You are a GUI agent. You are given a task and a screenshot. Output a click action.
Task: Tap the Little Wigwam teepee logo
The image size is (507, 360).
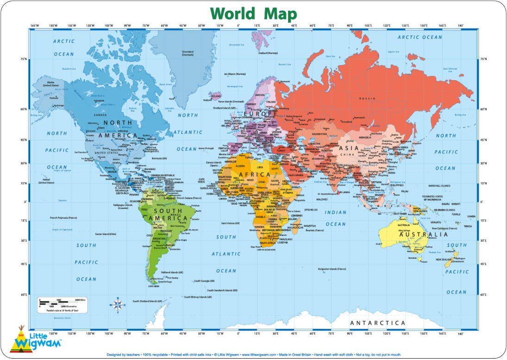pyautogui.click(x=21, y=340)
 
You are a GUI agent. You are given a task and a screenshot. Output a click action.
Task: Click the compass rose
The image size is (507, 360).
pyautogui.click(x=118, y=304)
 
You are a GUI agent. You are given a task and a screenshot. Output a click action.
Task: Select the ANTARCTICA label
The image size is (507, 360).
pyautogui.click(x=377, y=322)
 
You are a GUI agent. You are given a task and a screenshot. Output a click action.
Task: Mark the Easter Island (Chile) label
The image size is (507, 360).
pyautogui.click(x=106, y=234)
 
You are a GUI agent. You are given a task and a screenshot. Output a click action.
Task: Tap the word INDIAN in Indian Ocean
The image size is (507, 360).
pyautogui.click(x=335, y=213)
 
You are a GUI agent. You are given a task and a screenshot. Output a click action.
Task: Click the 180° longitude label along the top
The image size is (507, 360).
pyautogui.click(x=460, y=25)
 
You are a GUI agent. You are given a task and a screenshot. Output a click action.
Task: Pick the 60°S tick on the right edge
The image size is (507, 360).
pyautogui.click(x=483, y=295)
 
